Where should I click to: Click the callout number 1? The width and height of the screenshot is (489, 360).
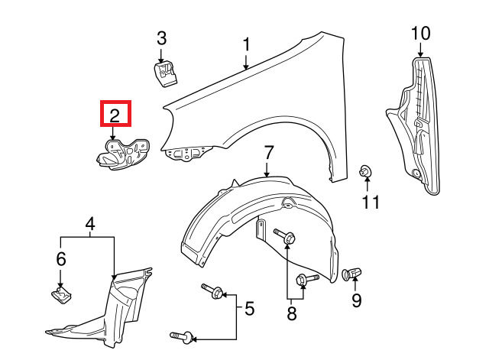pos(247,45)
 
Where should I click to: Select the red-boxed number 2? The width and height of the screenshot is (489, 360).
pos(115,115)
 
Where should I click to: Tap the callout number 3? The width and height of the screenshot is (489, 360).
pos(161,37)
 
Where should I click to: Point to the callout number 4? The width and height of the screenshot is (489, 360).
pos(90,225)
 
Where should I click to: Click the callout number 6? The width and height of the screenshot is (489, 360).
pos(61,260)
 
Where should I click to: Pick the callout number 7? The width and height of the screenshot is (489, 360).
pos(268,151)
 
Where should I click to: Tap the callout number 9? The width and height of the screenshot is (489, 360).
pos(355,300)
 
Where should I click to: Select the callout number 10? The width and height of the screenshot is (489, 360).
pos(420,33)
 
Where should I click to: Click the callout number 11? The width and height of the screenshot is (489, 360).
pos(370,202)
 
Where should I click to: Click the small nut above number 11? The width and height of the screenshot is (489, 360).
pos(365,171)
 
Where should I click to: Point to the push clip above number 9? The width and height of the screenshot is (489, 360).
pos(354,273)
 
